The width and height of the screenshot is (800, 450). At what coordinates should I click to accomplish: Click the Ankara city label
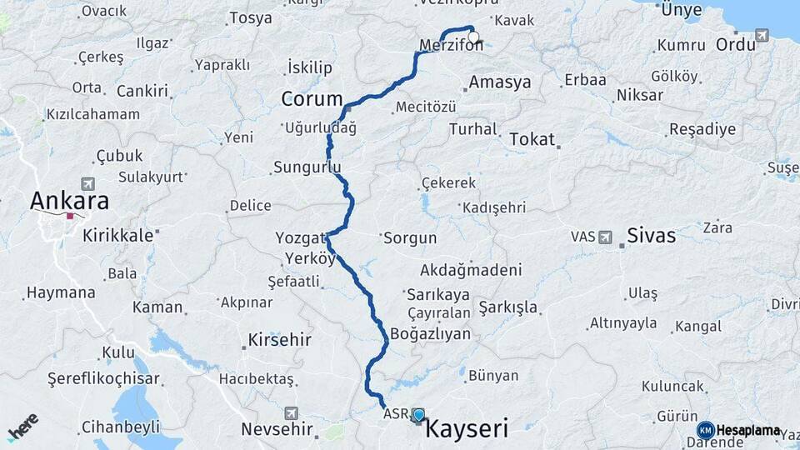coord(69,201)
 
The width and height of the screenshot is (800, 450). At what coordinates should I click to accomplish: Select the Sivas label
coord(651,235)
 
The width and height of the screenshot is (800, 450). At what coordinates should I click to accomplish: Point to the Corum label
coord(312,99)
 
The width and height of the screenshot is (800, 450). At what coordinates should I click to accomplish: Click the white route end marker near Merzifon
coord(474,37)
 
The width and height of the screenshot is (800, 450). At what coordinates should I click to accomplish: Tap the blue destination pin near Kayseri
coord(418,415)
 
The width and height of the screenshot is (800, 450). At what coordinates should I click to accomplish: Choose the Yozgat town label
coord(300,237)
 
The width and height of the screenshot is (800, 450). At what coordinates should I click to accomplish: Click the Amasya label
coord(500,82)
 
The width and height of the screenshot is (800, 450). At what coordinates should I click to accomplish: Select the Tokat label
coord(532,139)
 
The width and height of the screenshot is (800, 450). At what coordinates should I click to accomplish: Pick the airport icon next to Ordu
coord(762,36)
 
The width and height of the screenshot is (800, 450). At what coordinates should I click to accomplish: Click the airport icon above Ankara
coord(89,183)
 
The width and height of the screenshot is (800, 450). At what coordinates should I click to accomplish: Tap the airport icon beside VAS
coord(607,237)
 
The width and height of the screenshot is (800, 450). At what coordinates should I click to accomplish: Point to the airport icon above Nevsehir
coord(291,412)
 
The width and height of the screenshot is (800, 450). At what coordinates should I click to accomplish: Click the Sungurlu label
coord(308,167)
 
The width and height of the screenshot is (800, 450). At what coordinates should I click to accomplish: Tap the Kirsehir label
coord(279,340)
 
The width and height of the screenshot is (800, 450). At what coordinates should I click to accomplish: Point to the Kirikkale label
coord(118,235)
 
